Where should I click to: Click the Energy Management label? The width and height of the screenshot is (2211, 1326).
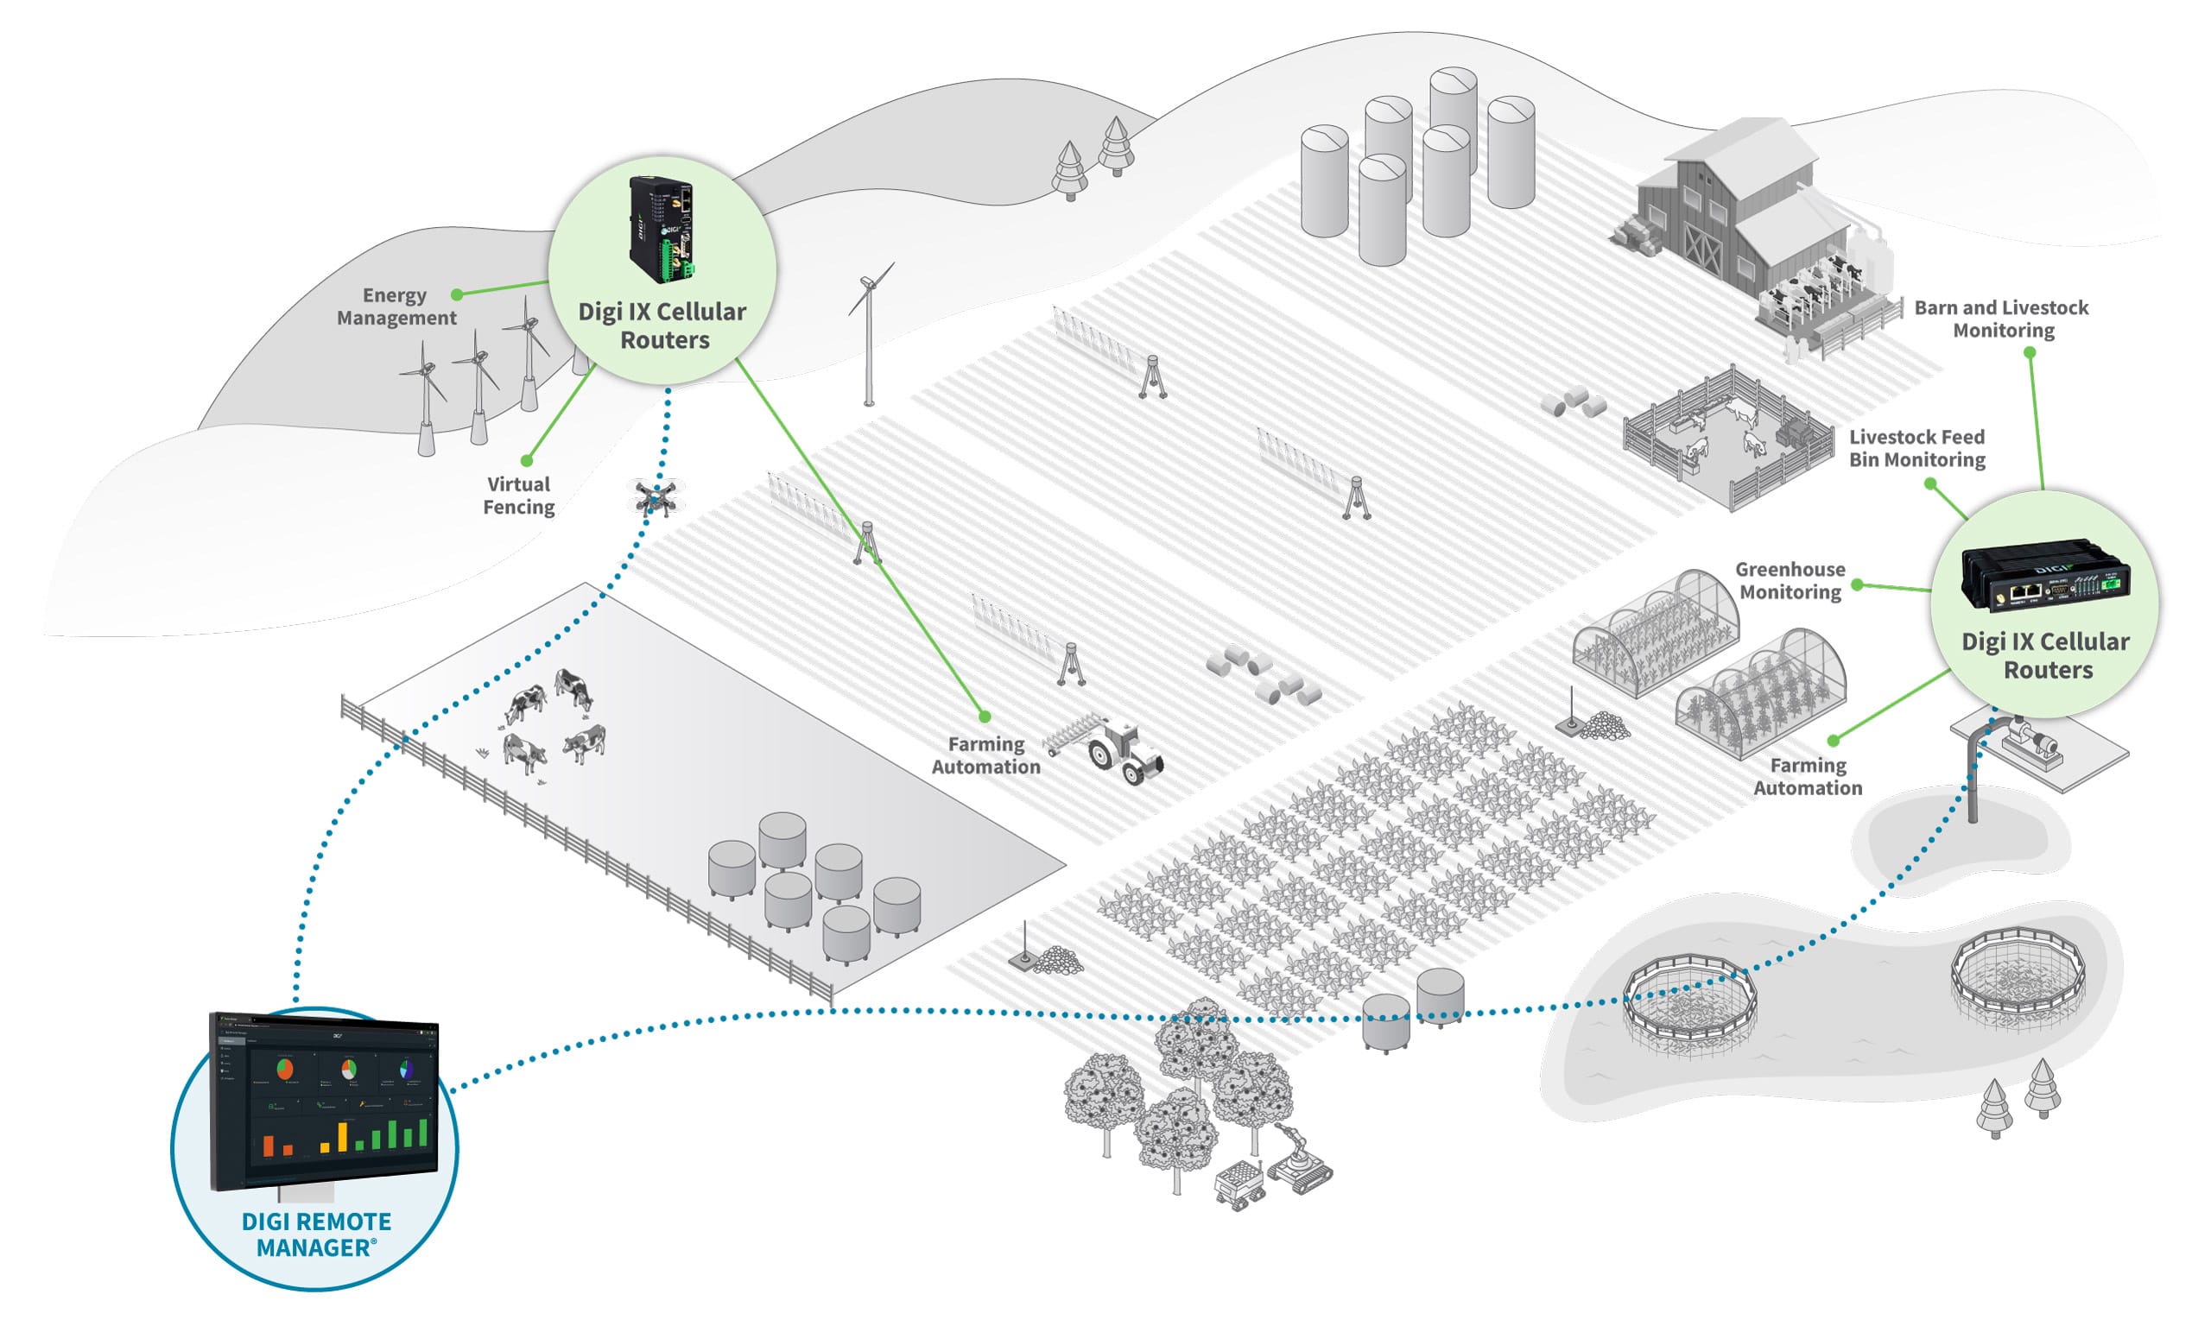(x=396, y=306)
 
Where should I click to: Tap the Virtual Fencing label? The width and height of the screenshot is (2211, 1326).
(x=518, y=496)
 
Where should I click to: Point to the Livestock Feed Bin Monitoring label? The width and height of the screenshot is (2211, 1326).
(x=1917, y=449)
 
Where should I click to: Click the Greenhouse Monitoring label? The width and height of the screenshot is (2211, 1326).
(x=1790, y=581)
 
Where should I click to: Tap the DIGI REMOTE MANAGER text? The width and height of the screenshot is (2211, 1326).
(x=316, y=1234)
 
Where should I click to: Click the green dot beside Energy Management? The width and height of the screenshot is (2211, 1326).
(x=457, y=295)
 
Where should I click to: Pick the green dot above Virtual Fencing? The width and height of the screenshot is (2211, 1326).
(x=526, y=460)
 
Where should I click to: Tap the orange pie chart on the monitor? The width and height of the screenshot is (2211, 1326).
(x=285, y=1068)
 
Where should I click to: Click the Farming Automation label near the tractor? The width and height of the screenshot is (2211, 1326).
(x=985, y=755)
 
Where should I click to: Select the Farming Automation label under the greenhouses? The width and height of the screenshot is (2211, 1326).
(x=1807, y=776)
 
